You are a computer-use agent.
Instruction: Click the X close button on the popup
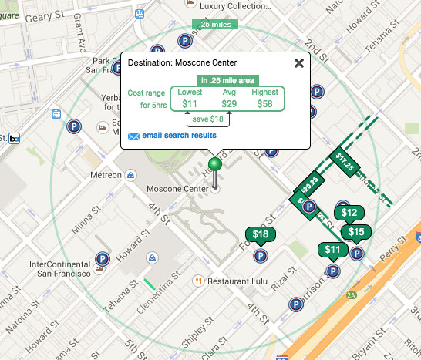pyautogui.click(x=298, y=63)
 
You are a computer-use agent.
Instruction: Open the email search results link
pyautogui.click(x=179, y=136)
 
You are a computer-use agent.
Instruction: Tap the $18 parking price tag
pyautogui.click(x=261, y=234)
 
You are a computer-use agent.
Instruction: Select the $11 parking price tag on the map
pyautogui.click(x=332, y=249)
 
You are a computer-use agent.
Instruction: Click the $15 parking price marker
pyautogui.click(x=356, y=232)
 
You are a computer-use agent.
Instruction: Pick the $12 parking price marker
pyautogui.click(x=349, y=213)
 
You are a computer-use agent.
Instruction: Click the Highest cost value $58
pyautogui.click(x=264, y=103)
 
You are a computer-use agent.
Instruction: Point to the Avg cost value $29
pyautogui.click(x=229, y=103)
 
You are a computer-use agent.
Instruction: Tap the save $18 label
pyautogui.click(x=208, y=119)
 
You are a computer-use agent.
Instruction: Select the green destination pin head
pyautogui.click(x=216, y=165)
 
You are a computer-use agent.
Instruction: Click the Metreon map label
pyautogui.click(x=106, y=175)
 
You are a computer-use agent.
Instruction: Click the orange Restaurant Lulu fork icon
pyautogui.click(x=198, y=281)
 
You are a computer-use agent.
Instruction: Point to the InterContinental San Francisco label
pyautogui.click(x=60, y=268)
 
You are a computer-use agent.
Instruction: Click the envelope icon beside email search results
pyautogui.click(x=133, y=136)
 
